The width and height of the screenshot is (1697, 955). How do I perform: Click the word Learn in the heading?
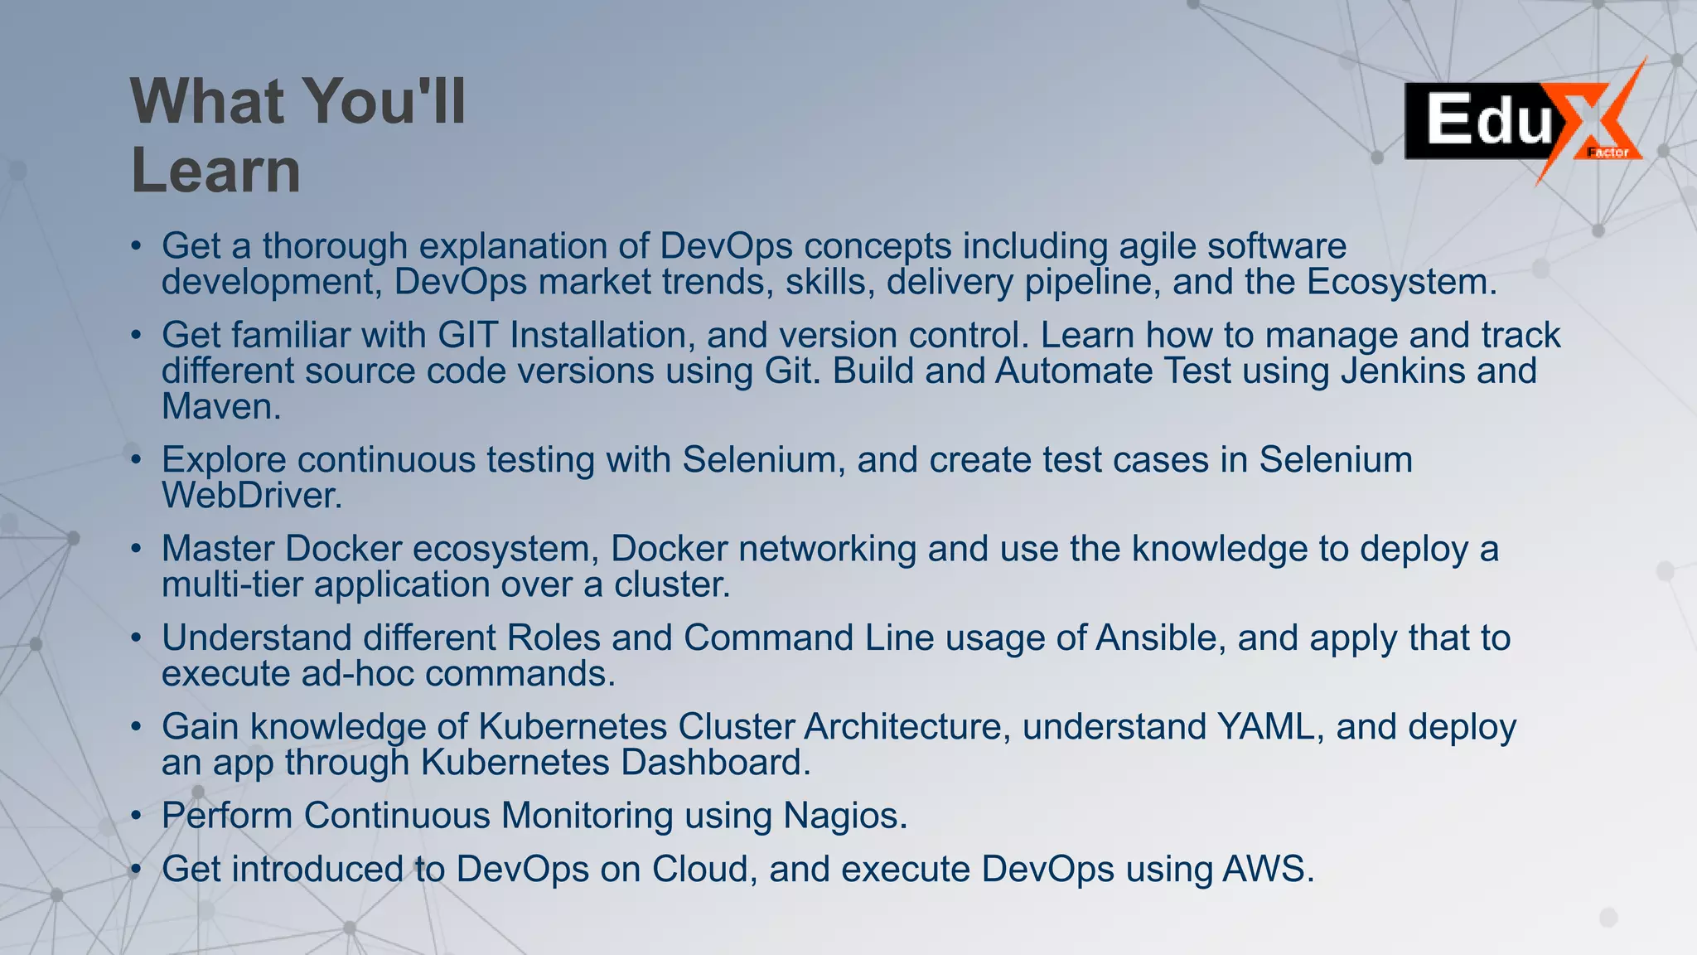[x=215, y=170]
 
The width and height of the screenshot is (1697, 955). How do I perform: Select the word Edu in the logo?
[x=1489, y=120]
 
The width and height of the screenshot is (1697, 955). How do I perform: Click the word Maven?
[x=220, y=406]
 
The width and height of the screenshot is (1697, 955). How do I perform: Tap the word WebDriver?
[x=251, y=496]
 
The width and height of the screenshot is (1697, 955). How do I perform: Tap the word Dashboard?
[x=715, y=763]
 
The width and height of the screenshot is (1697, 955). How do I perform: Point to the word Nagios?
[x=844, y=816]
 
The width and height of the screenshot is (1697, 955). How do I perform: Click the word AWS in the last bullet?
[x=1267, y=869]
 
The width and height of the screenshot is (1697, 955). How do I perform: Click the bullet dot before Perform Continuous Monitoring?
[x=137, y=817]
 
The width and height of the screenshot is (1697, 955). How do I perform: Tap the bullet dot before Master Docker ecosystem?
[x=137, y=550]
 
